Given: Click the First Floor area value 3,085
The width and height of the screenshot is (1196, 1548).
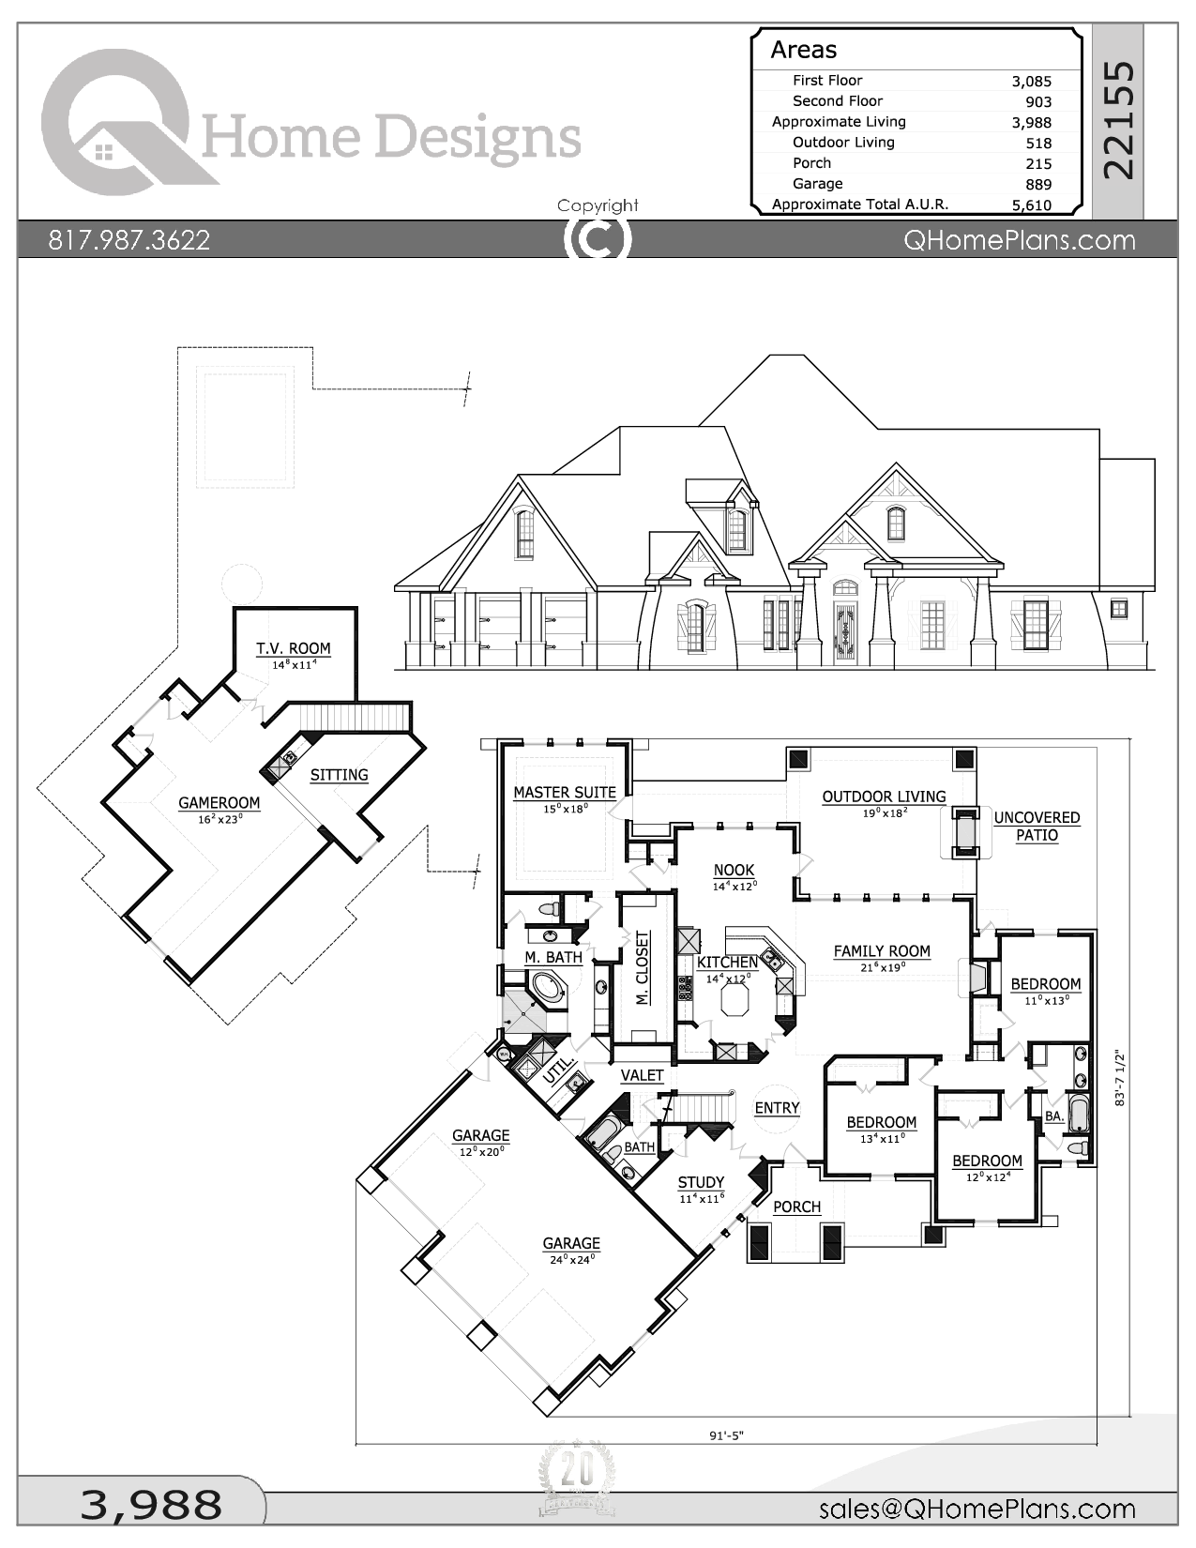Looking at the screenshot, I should point(1031,82).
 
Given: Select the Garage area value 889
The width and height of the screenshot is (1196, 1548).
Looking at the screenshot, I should point(1037,185).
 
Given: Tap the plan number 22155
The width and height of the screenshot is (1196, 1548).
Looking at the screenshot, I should point(1118,120).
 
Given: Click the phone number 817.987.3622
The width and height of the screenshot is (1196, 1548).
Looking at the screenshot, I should point(129,240).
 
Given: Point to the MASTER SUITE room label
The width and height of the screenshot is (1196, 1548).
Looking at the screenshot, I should point(564,793).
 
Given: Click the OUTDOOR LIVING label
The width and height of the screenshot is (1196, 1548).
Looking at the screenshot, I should point(884,797).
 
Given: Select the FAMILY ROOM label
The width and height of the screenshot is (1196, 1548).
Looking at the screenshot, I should point(882,951).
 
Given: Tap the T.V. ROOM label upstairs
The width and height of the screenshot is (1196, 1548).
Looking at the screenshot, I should point(294,648).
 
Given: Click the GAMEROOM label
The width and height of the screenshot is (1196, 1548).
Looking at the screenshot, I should point(220,803).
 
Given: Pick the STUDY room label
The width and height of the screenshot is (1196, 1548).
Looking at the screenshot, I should point(701,1182).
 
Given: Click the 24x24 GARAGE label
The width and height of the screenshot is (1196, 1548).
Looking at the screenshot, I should point(570,1244).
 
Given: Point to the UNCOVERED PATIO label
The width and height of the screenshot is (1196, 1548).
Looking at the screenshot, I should point(1037,827).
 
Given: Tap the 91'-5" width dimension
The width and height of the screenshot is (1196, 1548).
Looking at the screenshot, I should point(726,1462).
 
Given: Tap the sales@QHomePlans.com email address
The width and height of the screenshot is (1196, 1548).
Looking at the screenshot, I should point(976,1509).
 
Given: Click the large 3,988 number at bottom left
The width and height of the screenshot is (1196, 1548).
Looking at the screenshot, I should point(151,1505).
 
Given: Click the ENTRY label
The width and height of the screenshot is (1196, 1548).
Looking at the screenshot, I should point(777,1108).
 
